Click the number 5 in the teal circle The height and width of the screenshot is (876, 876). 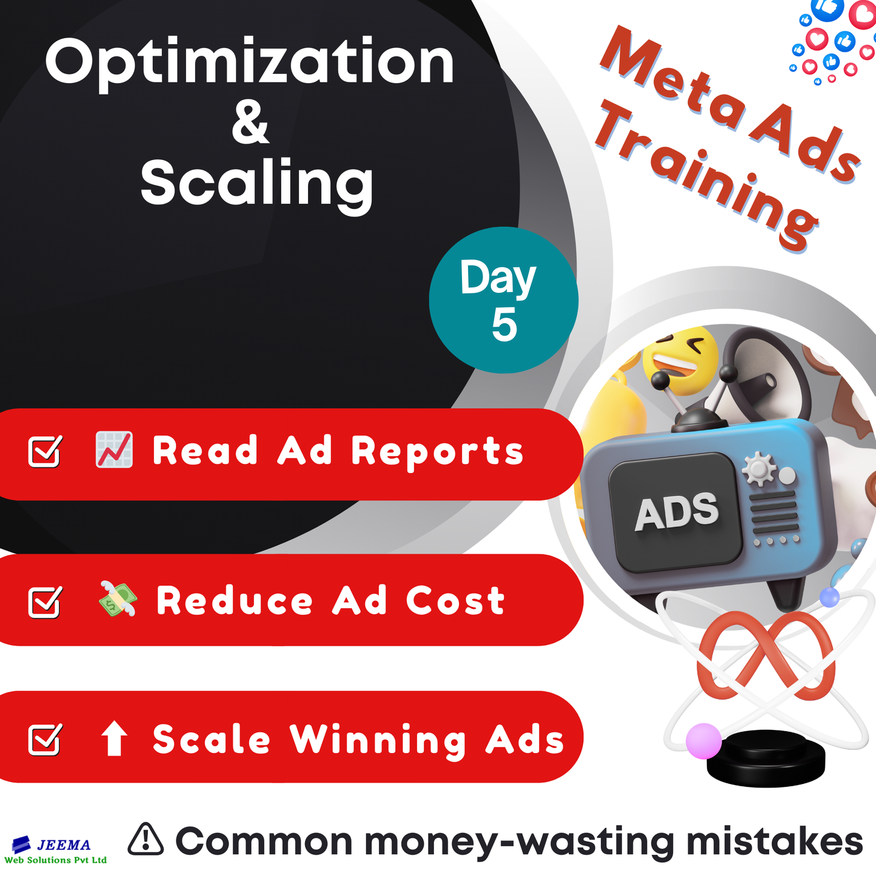click(x=504, y=326)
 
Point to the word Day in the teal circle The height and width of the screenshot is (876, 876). click(x=498, y=278)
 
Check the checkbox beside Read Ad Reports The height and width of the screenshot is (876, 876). click(x=45, y=451)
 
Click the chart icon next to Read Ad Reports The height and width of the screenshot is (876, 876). click(x=114, y=450)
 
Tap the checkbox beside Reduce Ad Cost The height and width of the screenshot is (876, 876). click(x=45, y=601)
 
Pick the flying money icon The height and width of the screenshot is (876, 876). click(x=118, y=599)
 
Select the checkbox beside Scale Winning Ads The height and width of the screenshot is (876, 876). click(x=45, y=739)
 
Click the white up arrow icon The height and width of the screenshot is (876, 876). click(x=114, y=738)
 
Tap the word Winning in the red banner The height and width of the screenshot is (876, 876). click(x=378, y=740)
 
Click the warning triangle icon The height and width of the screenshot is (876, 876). click(x=145, y=840)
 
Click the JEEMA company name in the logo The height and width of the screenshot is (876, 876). click(x=63, y=844)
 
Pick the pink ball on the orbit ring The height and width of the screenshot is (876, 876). click(x=703, y=740)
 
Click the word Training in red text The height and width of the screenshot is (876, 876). click(x=706, y=175)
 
